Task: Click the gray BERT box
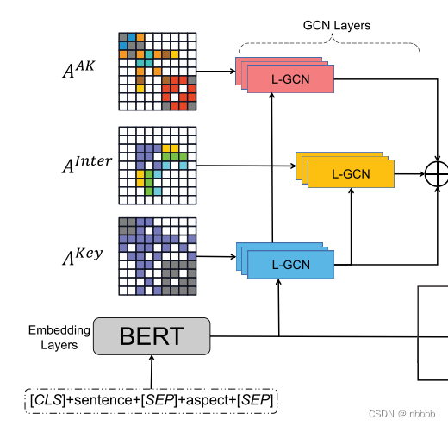click(151, 336)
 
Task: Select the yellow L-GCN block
click(350, 174)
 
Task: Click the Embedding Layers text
click(59, 337)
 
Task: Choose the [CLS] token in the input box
click(45, 401)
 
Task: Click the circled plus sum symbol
click(438, 173)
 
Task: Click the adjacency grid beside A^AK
click(157, 72)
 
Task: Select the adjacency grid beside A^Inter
click(157, 165)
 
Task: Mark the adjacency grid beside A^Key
click(157, 256)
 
